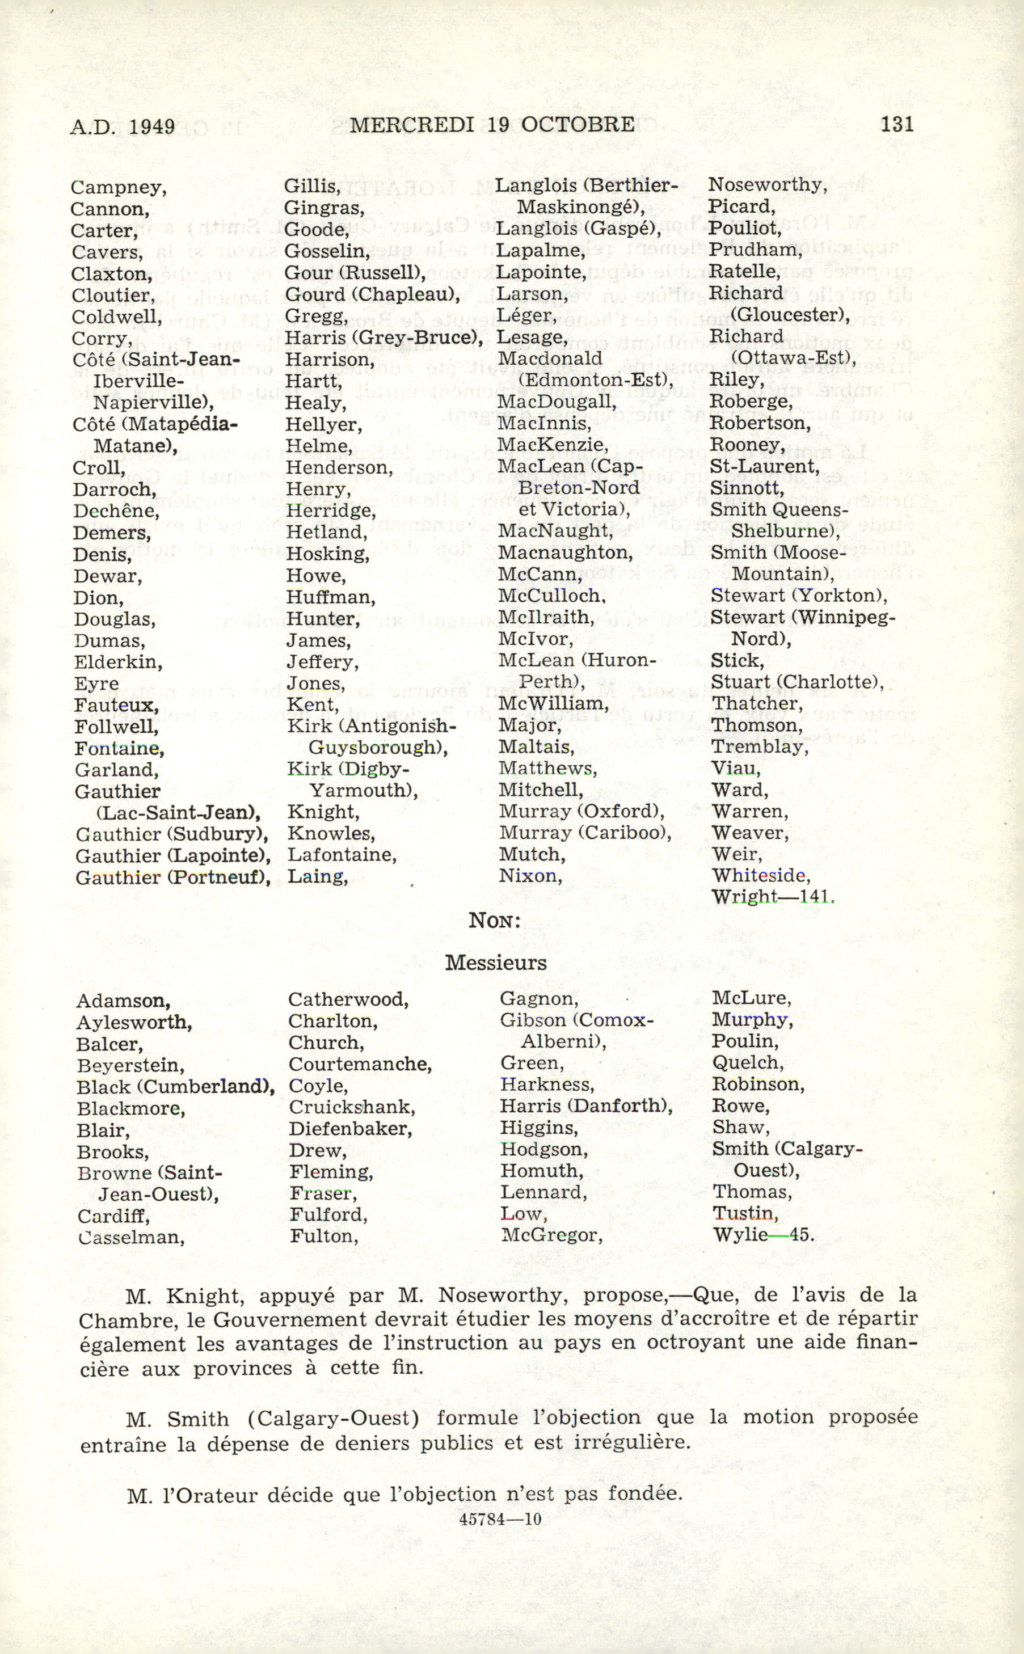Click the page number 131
point(897,124)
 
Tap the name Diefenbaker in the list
point(349,1129)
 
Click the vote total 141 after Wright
point(816,897)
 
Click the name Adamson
point(123,1001)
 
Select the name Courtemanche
point(360,1064)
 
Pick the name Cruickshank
point(352,1108)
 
